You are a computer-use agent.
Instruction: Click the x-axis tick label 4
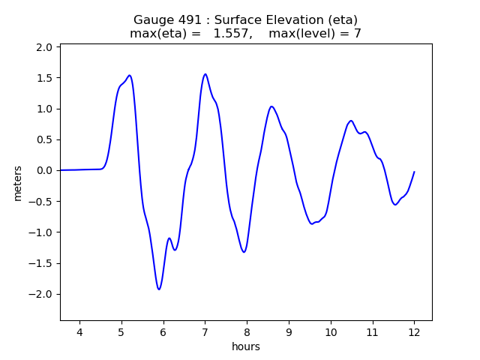pyautogui.click(x=79, y=332)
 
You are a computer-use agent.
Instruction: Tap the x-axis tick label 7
pyautogui.click(x=205, y=332)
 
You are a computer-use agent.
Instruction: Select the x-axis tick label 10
pyautogui.click(x=330, y=332)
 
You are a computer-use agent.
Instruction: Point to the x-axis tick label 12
pyautogui.click(x=414, y=332)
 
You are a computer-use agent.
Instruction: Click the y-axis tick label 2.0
pyautogui.click(x=44, y=47)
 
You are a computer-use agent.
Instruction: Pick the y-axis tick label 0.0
pyautogui.click(x=44, y=170)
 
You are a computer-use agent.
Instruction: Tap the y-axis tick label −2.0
pyautogui.click(x=41, y=294)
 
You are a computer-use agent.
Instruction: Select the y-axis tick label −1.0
pyautogui.click(x=41, y=232)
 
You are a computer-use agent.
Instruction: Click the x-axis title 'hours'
pyautogui.click(x=246, y=346)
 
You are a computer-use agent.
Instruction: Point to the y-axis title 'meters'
pyautogui.click(x=18, y=183)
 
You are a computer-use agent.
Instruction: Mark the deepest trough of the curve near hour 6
pyautogui.click(x=159, y=289)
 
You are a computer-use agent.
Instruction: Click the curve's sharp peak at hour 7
pyautogui.click(x=205, y=74)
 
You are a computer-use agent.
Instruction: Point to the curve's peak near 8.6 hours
pyautogui.click(x=271, y=106)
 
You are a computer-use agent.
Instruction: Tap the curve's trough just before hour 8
pyautogui.click(x=244, y=252)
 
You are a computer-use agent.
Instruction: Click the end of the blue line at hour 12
pyautogui.click(x=414, y=172)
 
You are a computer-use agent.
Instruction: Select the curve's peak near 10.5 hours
pyautogui.click(x=350, y=121)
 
